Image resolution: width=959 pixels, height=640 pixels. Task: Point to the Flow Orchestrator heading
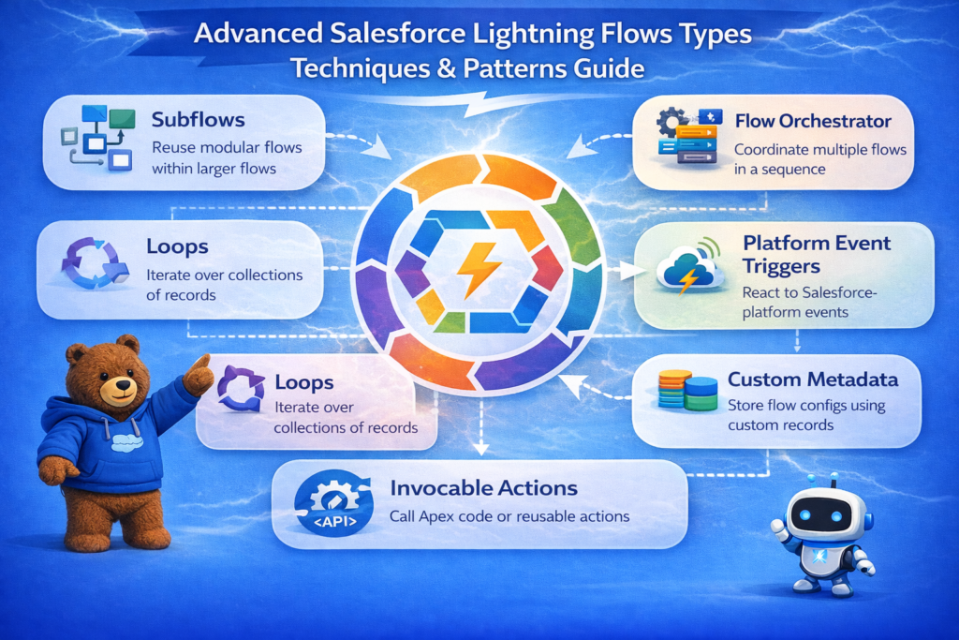812,121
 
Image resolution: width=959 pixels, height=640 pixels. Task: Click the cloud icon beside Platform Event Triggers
689,271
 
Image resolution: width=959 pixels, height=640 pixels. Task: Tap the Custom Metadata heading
813,380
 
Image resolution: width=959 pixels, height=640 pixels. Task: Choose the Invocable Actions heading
483,488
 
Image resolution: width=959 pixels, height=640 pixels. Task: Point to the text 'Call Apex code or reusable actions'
509,516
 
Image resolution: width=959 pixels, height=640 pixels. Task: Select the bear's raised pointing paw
198,375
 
